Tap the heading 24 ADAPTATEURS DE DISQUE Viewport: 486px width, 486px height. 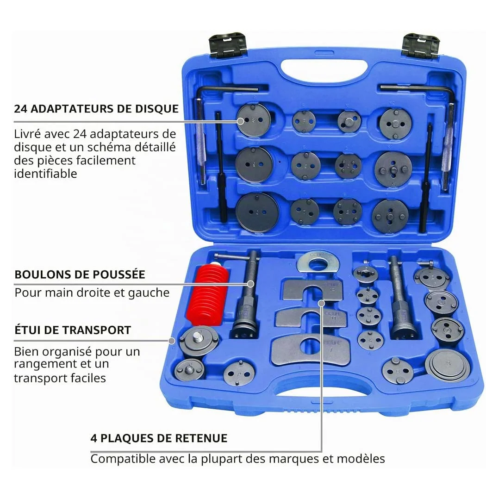point(96,109)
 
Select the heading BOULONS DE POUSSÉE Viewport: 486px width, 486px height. point(80,274)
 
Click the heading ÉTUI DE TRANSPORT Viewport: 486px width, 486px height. point(73,330)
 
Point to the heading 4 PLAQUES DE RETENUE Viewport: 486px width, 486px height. point(159,438)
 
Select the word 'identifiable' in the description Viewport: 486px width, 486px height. point(45,174)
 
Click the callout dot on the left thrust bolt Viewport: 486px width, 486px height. point(251,284)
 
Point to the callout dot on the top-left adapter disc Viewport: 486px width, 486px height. point(241,121)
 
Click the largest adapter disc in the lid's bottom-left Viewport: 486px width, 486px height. point(257,212)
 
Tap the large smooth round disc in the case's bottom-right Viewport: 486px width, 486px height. point(448,366)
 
